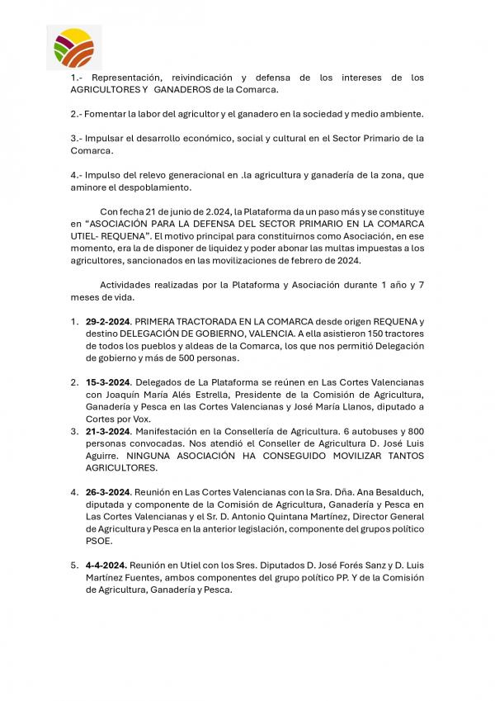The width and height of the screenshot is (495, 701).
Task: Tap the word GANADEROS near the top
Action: tap(190, 89)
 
